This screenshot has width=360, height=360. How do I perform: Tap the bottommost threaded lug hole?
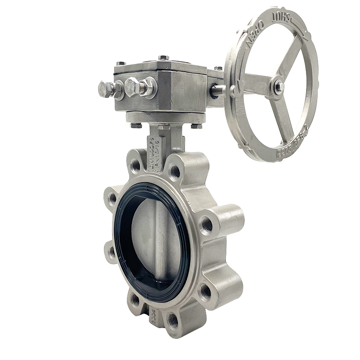point(173,320)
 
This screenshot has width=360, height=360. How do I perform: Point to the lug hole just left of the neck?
point(135,165)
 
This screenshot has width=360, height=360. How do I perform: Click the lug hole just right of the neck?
point(175,171)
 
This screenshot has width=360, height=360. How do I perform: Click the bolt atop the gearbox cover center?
point(163,58)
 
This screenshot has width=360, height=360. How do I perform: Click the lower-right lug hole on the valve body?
point(205,292)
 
